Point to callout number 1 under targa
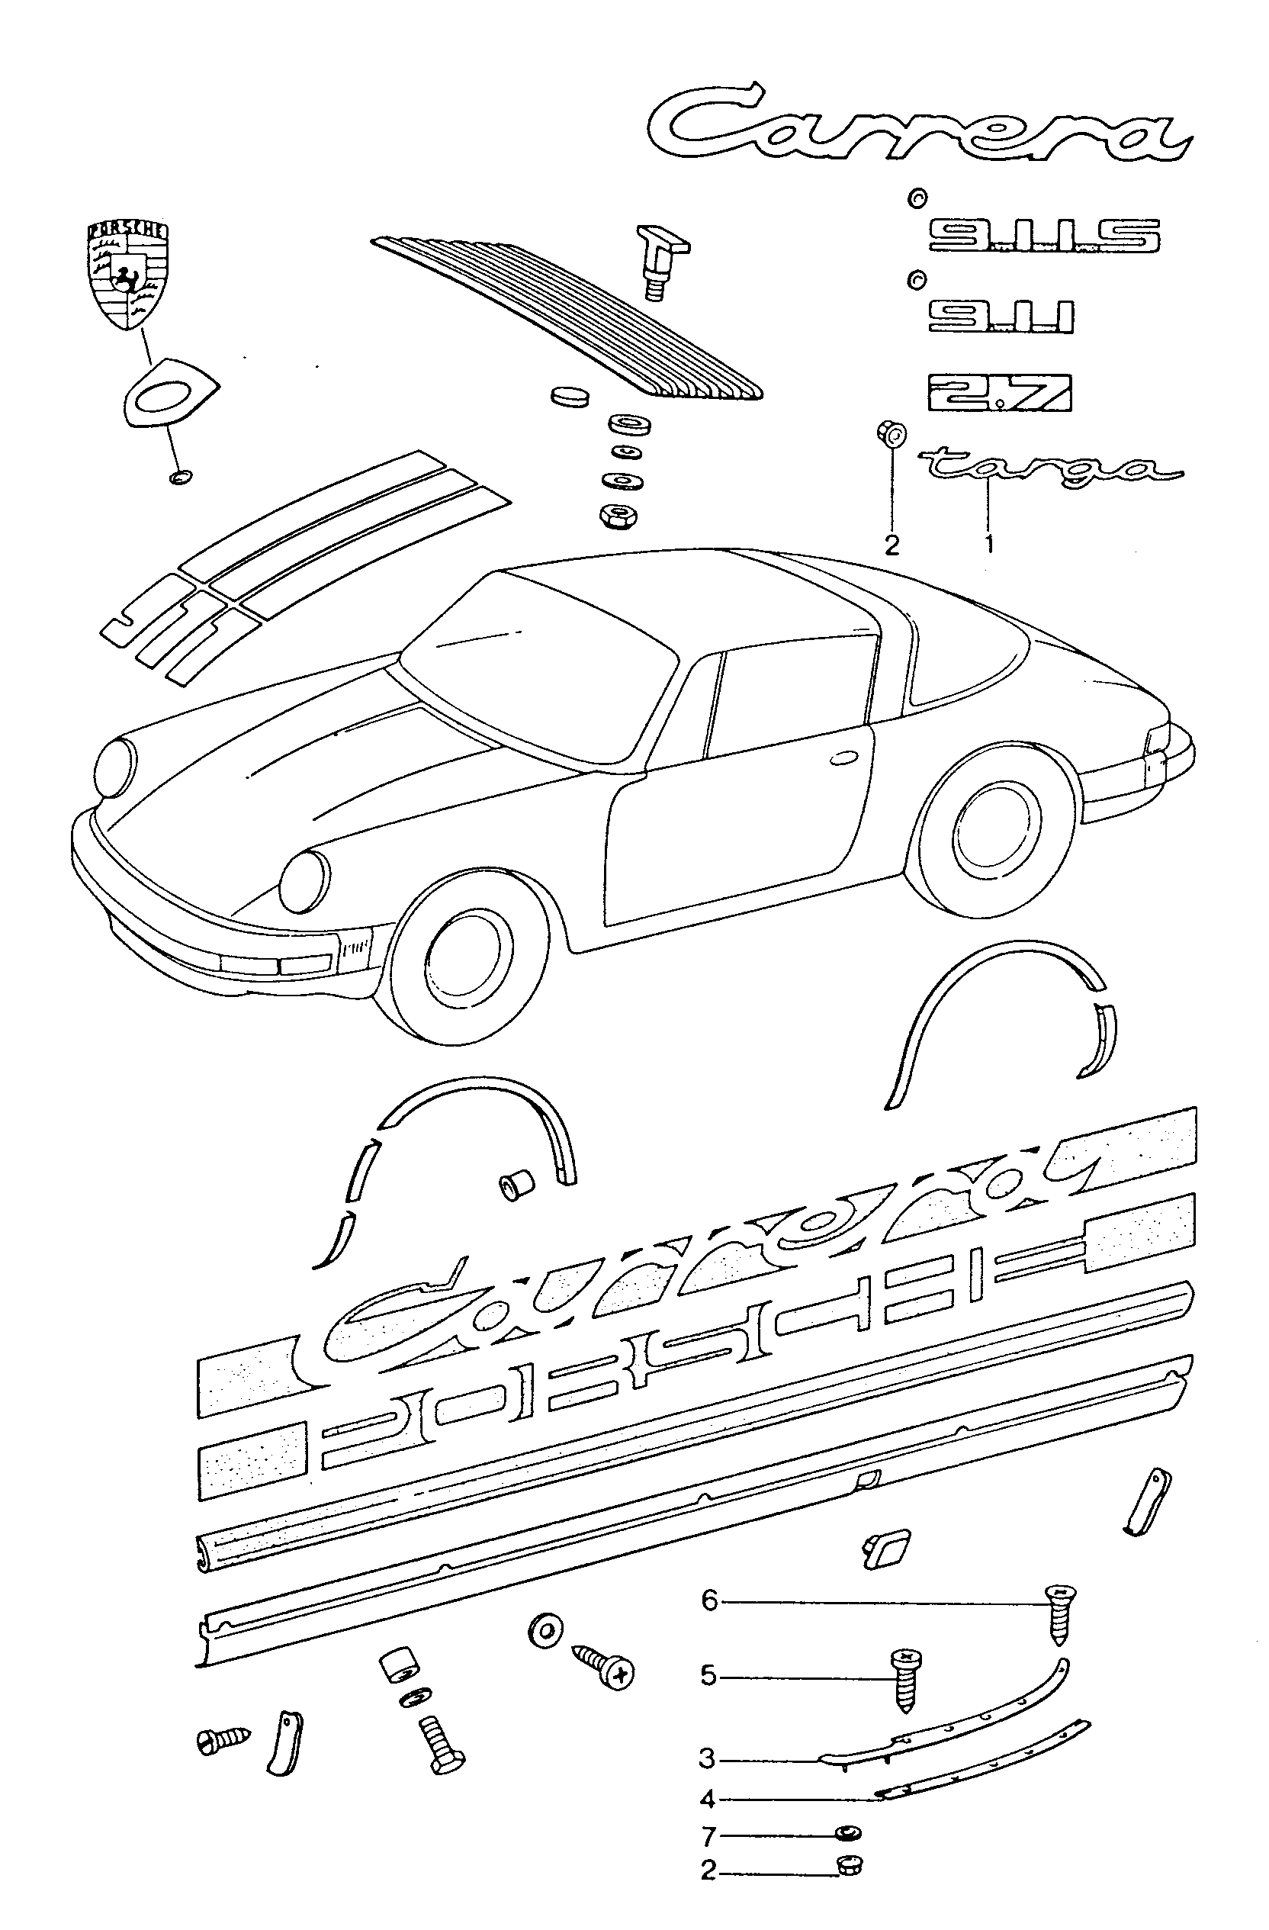[989, 542]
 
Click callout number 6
[709, 1600]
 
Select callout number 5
[709, 1675]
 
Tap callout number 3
[708, 1759]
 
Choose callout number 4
[708, 1800]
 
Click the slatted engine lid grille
[567, 317]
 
